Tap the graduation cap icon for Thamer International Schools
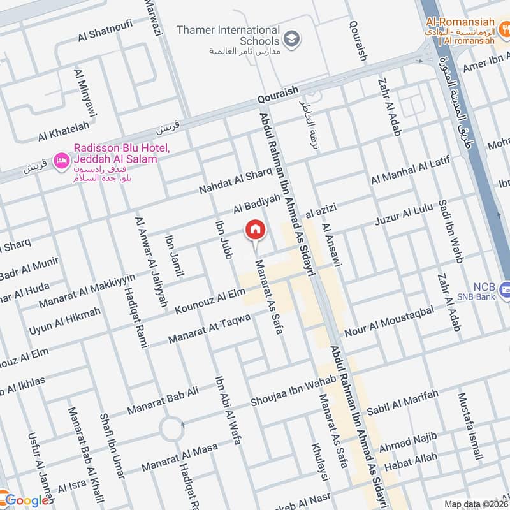pyautogui.click(x=291, y=37)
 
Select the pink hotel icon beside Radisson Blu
pyautogui.click(x=62, y=159)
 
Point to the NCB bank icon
pyautogui.click(x=505, y=288)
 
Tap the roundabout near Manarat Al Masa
pyautogui.click(x=172, y=429)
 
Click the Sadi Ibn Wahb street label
pyautogui.click(x=449, y=231)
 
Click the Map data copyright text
pyautogui.click(x=476, y=504)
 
